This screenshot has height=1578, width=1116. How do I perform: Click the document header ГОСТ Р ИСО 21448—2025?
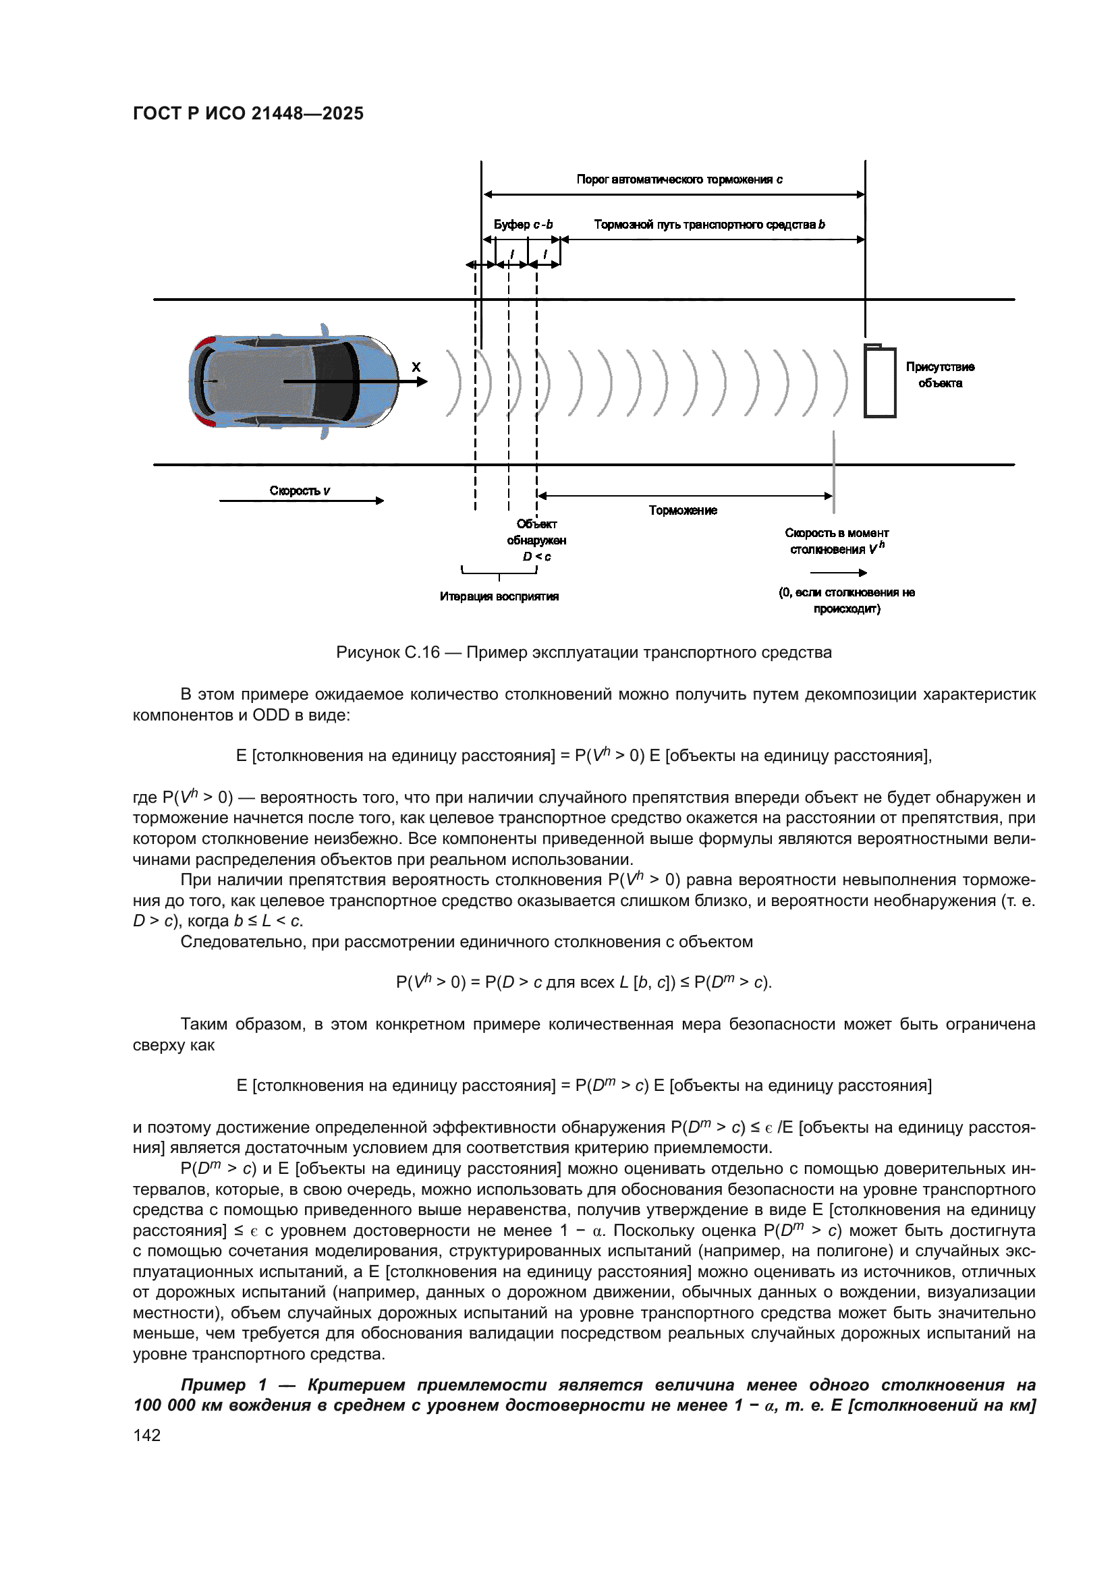(x=248, y=113)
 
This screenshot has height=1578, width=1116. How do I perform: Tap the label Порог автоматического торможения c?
(x=679, y=179)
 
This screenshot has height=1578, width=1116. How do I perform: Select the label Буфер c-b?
(x=523, y=225)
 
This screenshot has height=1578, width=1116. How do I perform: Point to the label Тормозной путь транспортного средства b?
(x=709, y=225)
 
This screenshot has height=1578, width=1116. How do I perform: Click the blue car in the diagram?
(x=294, y=381)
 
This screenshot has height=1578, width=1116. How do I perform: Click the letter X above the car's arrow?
(x=416, y=368)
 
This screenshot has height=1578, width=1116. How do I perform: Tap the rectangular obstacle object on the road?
(x=880, y=381)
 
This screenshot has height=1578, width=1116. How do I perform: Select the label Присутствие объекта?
(x=939, y=374)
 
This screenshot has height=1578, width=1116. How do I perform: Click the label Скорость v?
(x=300, y=490)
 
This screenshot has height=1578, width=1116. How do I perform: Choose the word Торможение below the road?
(x=682, y=510)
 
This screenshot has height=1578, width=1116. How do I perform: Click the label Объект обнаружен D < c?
(x=536, y=540)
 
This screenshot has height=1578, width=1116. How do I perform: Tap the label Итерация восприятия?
(x=499, y=596)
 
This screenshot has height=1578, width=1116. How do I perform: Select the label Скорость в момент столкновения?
(x=836, y=541)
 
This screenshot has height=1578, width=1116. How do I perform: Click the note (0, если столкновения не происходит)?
(x=846, y=600)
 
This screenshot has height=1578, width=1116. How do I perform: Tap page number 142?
(x=147, y=1435)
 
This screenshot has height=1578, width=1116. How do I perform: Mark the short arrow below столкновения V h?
(x=838, y=573)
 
